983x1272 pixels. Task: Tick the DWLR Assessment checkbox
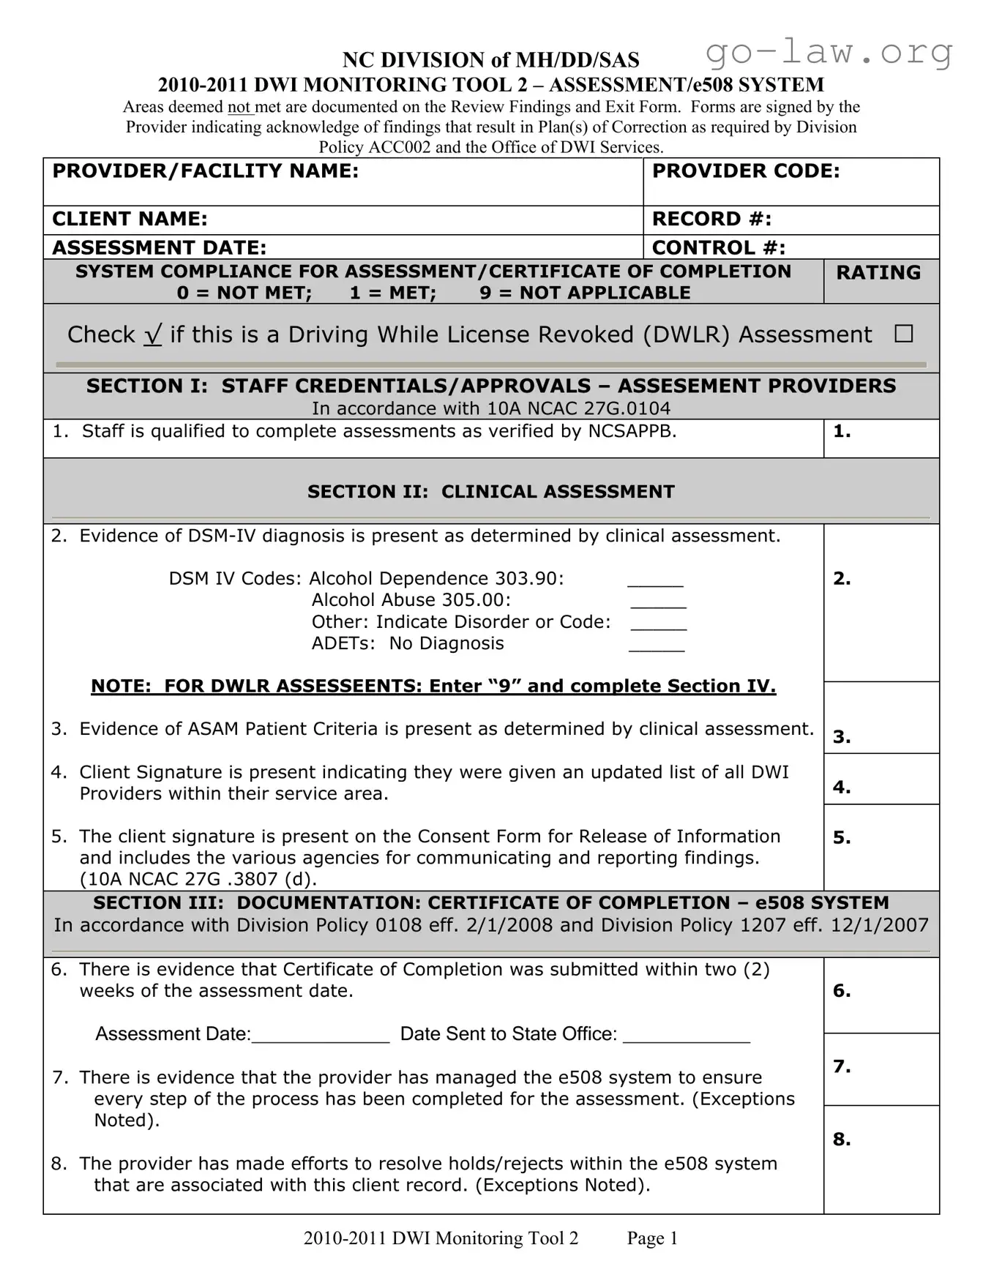(x=903, y=334)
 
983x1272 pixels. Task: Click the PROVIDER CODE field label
(x=745, y=171)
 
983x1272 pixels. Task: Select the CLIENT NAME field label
(x=130, y=219)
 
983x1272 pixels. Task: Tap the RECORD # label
(x=711, y=219)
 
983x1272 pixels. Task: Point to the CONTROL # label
(x=718, y=247)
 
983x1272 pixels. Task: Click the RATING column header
(x=878, y=272)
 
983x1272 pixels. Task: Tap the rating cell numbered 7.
(x=881, y=1069)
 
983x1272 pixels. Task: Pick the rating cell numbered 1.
(x=881, y=438)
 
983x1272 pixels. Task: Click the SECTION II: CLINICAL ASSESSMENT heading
(x=490, y=492)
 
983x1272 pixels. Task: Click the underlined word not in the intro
(x=239, y=108)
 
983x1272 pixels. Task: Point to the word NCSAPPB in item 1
(x=632, y=432)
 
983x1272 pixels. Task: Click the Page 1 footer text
(x=652, y=1238)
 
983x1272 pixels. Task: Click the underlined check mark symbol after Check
(x=152, y=334)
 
